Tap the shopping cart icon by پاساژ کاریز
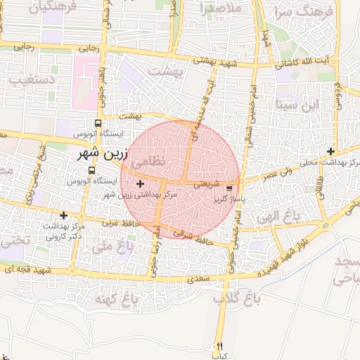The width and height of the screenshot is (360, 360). (x=229, y=188)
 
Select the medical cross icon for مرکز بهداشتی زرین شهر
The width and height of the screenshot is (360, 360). (x=140, y=183)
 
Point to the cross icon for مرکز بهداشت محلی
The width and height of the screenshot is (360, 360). (x=330, y=151)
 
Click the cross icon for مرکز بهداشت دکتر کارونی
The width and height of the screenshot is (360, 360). (x=64, y=215)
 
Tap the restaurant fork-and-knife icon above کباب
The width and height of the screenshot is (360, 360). (x=220, y=346)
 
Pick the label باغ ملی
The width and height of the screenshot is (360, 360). (x=113, y=247)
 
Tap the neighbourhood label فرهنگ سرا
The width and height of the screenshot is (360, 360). (x=293, y=12)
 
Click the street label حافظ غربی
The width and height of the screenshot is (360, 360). (x=120, y=223)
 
